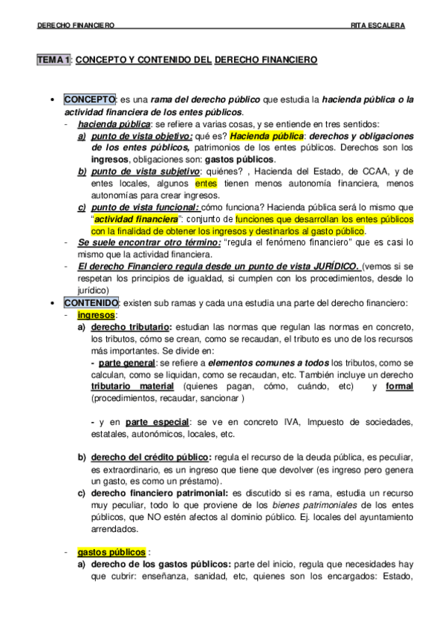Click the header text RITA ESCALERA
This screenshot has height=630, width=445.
[x=377, y=25]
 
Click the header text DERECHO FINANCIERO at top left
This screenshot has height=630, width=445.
[x=75, y=25]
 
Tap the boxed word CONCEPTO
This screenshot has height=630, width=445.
[x=89, y=100]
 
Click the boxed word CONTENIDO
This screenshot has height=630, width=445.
[x=91, y=303]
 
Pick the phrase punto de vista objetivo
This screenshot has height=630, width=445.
[x=140, y=136]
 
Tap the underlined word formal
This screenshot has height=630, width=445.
[x=400, y=387]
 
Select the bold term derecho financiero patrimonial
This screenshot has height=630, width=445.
[x=158, y=492]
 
